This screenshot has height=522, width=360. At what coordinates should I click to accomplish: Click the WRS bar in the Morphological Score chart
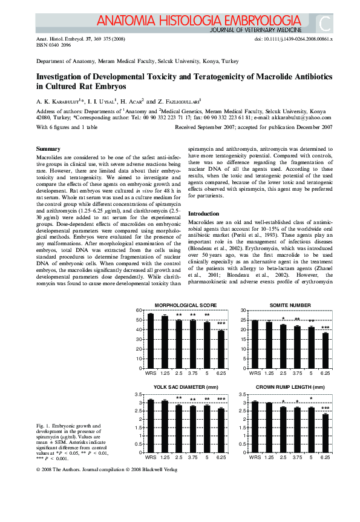pyautogui.click(x=151, y=341)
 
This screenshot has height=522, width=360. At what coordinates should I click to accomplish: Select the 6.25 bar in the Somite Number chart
pyautogui.click(x=325, y=351)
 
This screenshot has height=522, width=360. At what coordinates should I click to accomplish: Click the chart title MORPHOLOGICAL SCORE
pyautogui.click(x=185, y=305)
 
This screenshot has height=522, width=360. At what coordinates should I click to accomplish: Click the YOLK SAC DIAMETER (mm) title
pyautogui.click(x=185, y=387)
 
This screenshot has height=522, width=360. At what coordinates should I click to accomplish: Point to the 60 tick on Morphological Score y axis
pyautogui.click(x=140, y=311)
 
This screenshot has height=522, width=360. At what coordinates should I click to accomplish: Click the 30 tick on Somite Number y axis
pyautogui.click(x=244, y=311)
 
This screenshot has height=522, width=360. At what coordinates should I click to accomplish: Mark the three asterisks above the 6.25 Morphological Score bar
pyautogui.click(x=221, y=323)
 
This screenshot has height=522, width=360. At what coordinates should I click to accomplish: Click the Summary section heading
pyautogui.click(x=48, y=149)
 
